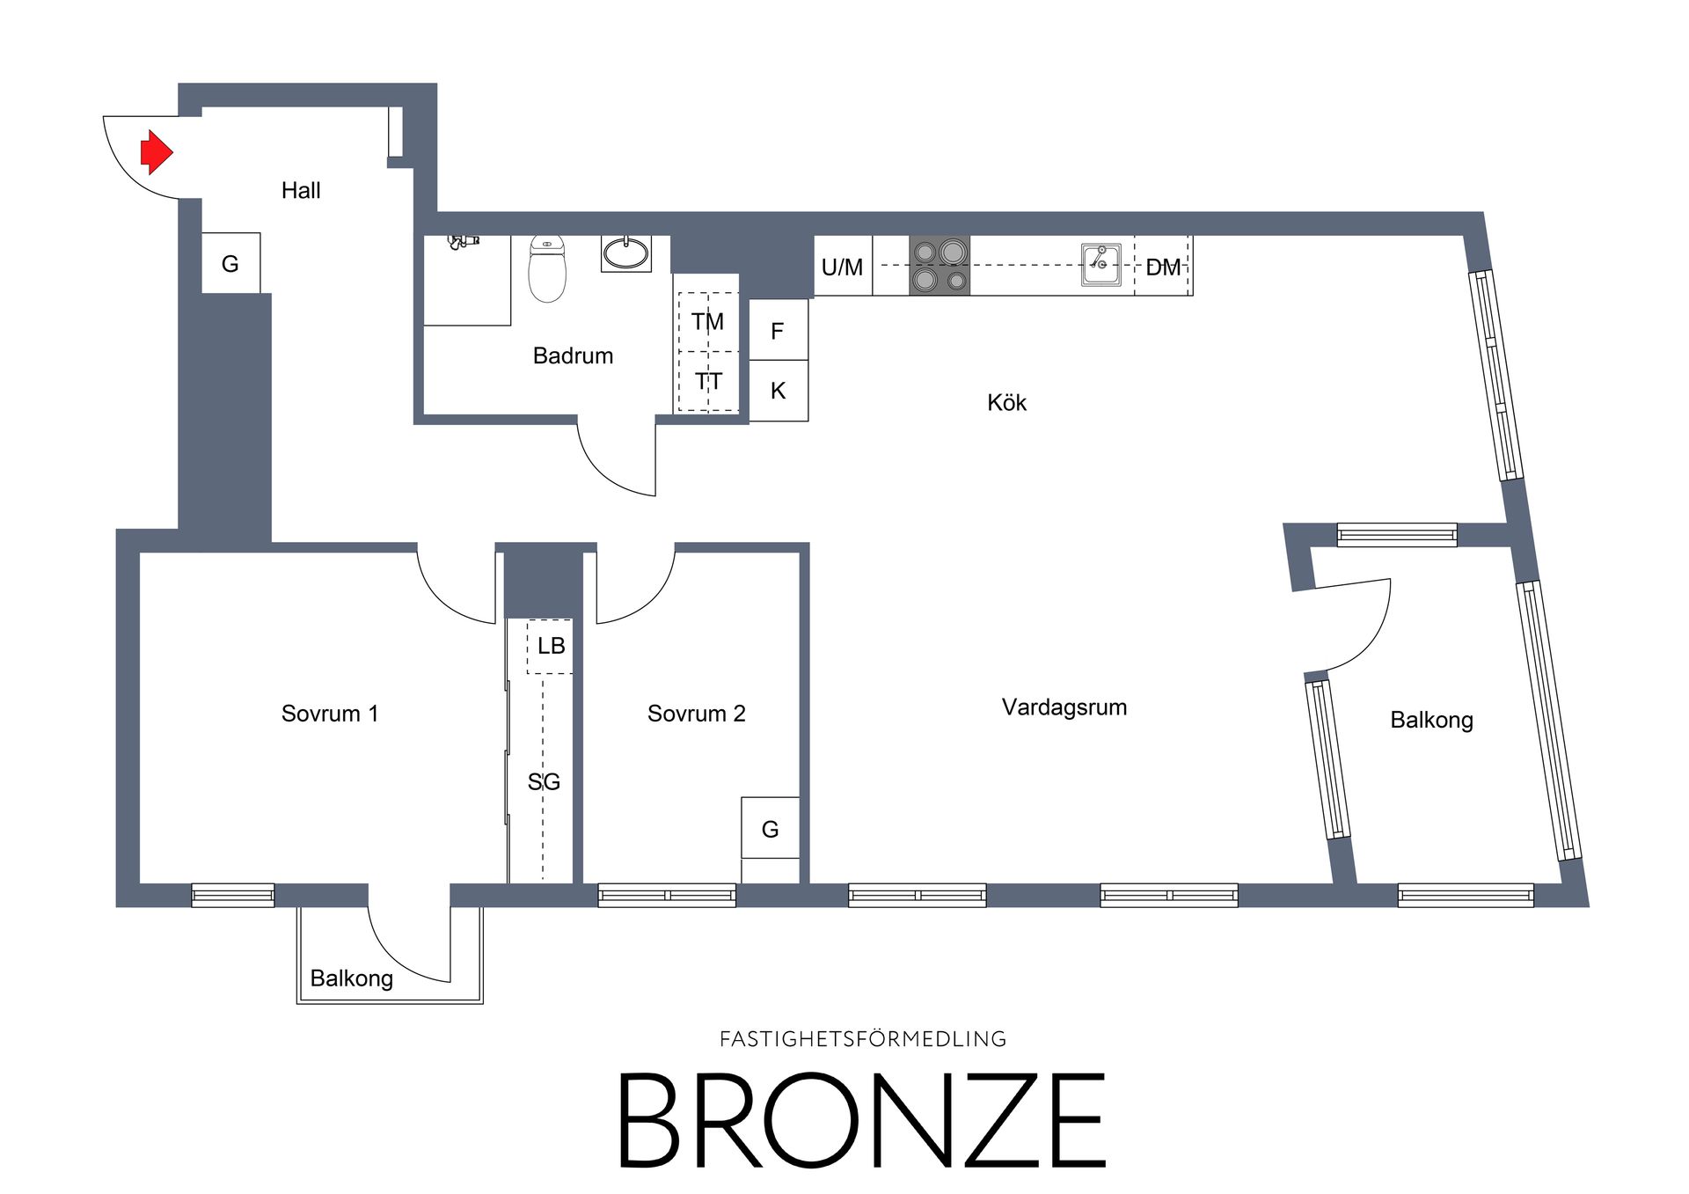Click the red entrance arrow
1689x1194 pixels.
click(157, 152)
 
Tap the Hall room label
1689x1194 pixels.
click(301, 190)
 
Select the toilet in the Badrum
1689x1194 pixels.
click(547, 268)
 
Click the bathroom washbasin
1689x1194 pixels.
click(626, 253)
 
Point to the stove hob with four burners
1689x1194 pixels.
click(940, 266)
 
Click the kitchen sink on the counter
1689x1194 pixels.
click(1100, 265)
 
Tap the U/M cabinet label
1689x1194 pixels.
click(842, 267)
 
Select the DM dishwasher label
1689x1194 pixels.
click(1163, 267)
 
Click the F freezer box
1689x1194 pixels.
click(779, 329)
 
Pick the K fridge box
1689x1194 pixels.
click(779, 391)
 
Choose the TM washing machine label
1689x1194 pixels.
click(707, 321)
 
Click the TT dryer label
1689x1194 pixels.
click(708, 381)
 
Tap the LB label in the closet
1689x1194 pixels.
click(552, 646)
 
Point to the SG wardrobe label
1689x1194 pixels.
click(544, 781)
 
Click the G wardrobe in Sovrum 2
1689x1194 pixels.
click(771, 828)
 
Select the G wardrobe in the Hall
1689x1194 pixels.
click(230, 263)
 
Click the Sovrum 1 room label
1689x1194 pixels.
click(330, 714)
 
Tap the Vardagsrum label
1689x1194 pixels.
click(1064, 707)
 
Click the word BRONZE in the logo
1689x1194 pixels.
click(862, 1120)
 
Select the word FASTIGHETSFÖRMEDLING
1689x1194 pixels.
click(863, 1039)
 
